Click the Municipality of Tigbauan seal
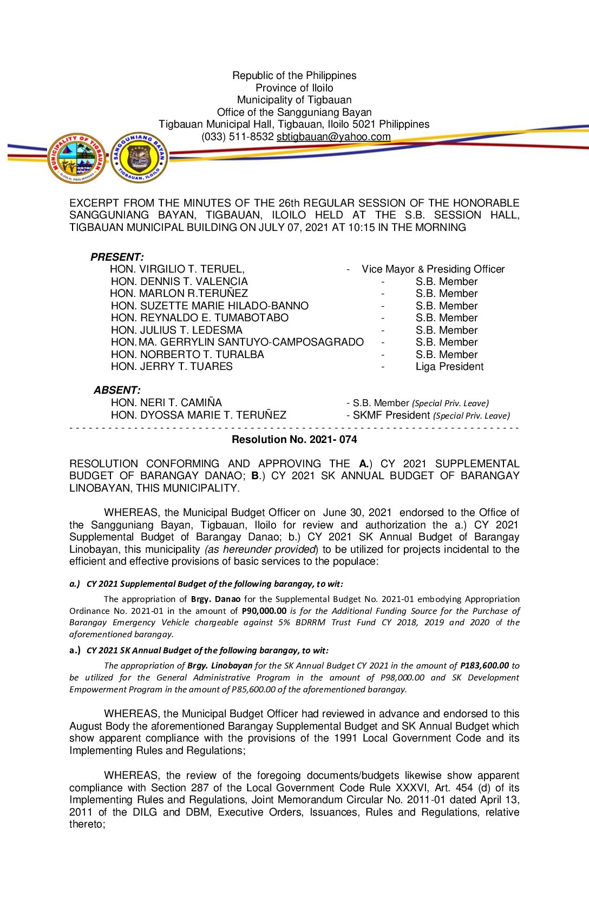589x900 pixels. [76, 158]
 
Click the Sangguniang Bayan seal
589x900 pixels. [139, 158]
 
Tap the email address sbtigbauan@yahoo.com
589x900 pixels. [333, 137]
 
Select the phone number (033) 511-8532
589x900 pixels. [237, 137]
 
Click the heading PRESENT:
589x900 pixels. [117, 257]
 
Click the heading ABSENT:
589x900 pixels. [117, 390]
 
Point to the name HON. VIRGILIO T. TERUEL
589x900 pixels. [177, 269]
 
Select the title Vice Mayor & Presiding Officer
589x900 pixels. [433, 269]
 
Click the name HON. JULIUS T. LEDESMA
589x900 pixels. [176, 330]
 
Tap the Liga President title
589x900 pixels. [449, 367]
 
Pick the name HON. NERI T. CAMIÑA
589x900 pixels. [166, 402]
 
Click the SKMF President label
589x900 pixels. [391, 415]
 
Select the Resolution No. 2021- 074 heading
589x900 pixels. [294, 440]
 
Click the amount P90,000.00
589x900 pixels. [264, 611]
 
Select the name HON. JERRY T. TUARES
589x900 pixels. [172, 367]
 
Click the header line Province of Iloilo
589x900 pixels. [294, 88]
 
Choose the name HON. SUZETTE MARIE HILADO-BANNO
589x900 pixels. [210, 306]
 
